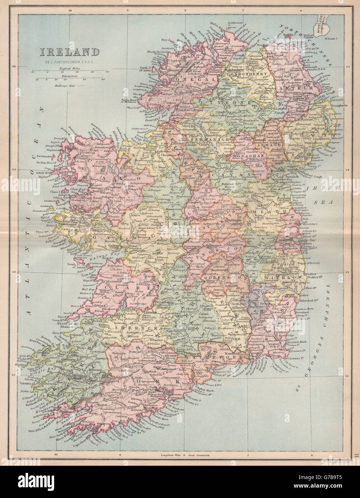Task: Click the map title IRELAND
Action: point(69,52)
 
